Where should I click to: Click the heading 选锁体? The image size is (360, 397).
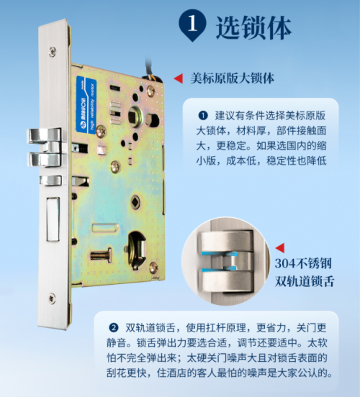[253, 27]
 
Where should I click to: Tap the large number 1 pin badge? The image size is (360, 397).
[192, 24]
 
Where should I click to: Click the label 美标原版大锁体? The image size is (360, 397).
[233, 78]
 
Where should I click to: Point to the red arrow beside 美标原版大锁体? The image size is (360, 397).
[179, 78]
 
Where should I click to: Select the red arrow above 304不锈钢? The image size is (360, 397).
[280, 248]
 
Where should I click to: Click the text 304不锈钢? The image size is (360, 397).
[303, 263]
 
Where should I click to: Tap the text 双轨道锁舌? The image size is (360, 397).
[305, 281]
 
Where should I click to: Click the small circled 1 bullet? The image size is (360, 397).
[203, 116]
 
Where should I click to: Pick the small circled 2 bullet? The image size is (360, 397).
[114, 328]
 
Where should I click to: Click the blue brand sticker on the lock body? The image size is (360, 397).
[86, 104]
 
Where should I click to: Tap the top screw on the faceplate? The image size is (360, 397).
[53, 51]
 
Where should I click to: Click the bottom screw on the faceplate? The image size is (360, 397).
[53, 298]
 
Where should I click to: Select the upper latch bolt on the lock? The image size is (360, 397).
[45, 136]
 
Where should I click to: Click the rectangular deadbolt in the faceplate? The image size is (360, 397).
[53, 219]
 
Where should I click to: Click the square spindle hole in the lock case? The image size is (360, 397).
[132, 117]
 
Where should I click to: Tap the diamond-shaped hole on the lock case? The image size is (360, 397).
[135, 202]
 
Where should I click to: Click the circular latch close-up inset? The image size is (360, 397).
[225, 261]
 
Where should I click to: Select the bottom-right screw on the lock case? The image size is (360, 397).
[153, 267]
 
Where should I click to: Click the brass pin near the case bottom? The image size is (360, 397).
[101, 256]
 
